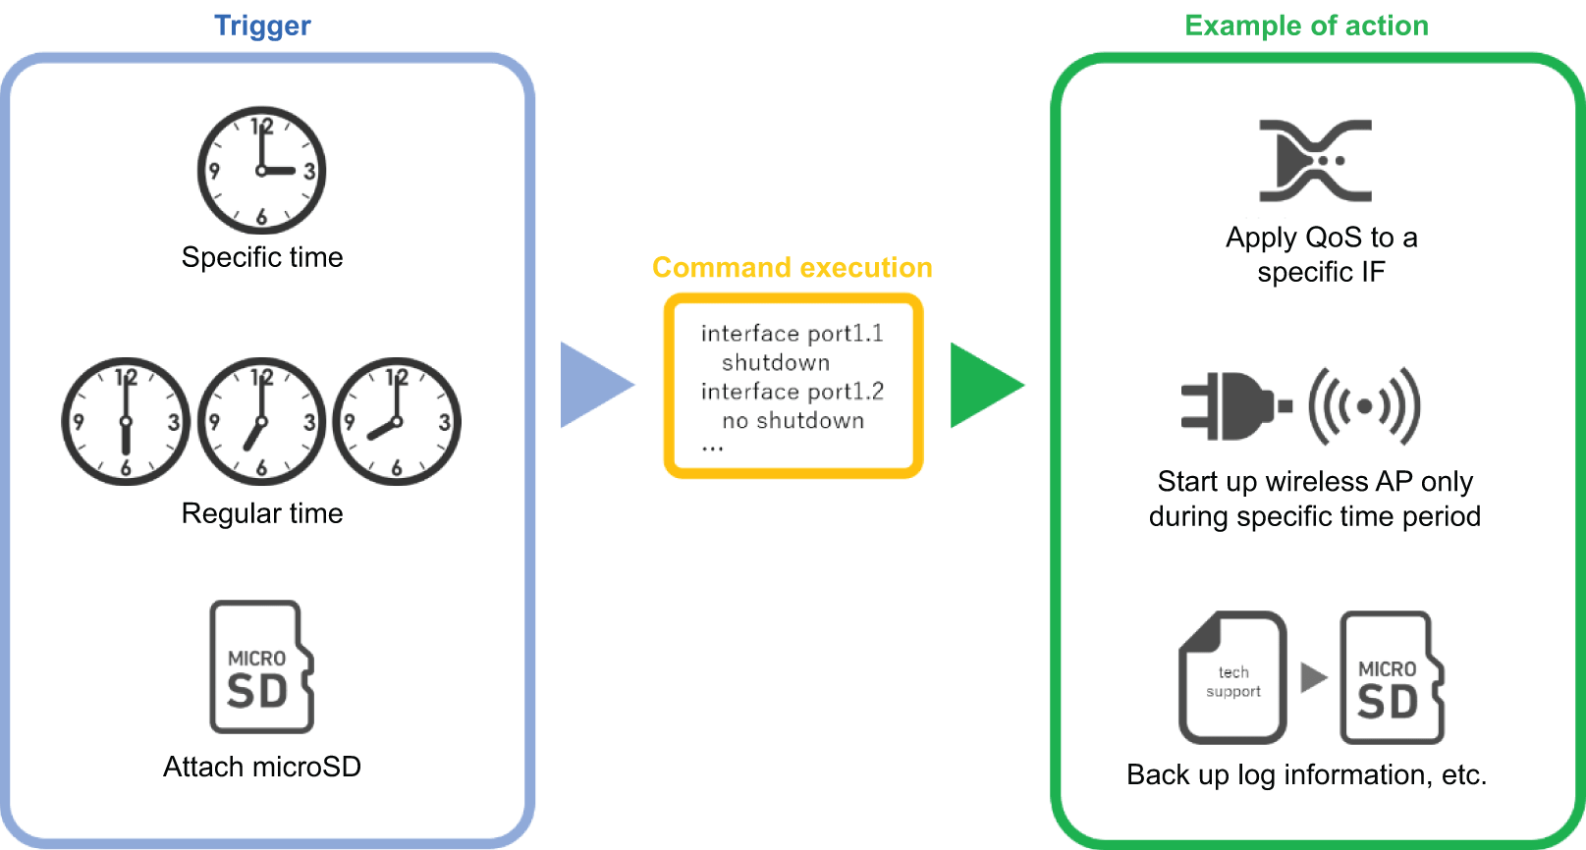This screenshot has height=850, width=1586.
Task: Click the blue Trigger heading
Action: (x=262, y=26)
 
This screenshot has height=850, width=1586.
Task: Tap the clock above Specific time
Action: (x=261, y=170)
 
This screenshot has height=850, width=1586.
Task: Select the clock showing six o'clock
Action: (x=126, y=421)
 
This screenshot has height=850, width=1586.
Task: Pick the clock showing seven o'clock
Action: (x=261, y=421)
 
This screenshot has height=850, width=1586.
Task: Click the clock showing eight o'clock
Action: (x=397, y=421)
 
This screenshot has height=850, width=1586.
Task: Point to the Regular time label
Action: (x=262, y=513)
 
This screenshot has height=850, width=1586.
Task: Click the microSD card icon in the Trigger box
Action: (x=261, y=667)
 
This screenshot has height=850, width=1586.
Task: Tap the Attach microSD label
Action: (x=262, y=767)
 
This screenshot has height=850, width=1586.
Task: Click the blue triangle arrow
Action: (x=592, y=385)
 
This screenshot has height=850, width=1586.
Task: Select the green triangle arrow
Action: (x=982, y=385)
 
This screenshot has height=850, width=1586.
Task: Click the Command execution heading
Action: (x=793, y=267)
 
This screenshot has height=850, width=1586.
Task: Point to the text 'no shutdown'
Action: (x=793, y=421)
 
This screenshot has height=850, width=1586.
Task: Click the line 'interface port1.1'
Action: (x=793, y=334)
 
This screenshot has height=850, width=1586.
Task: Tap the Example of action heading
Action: (x=1306, y=26)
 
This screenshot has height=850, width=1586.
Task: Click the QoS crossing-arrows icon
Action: (x=1316, y=161)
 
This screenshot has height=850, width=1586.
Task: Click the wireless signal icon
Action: (x=1365, y=405)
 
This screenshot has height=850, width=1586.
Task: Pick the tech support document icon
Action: (x=1233, y=677)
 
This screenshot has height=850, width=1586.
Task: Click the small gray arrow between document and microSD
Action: (x=1313, y=677)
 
